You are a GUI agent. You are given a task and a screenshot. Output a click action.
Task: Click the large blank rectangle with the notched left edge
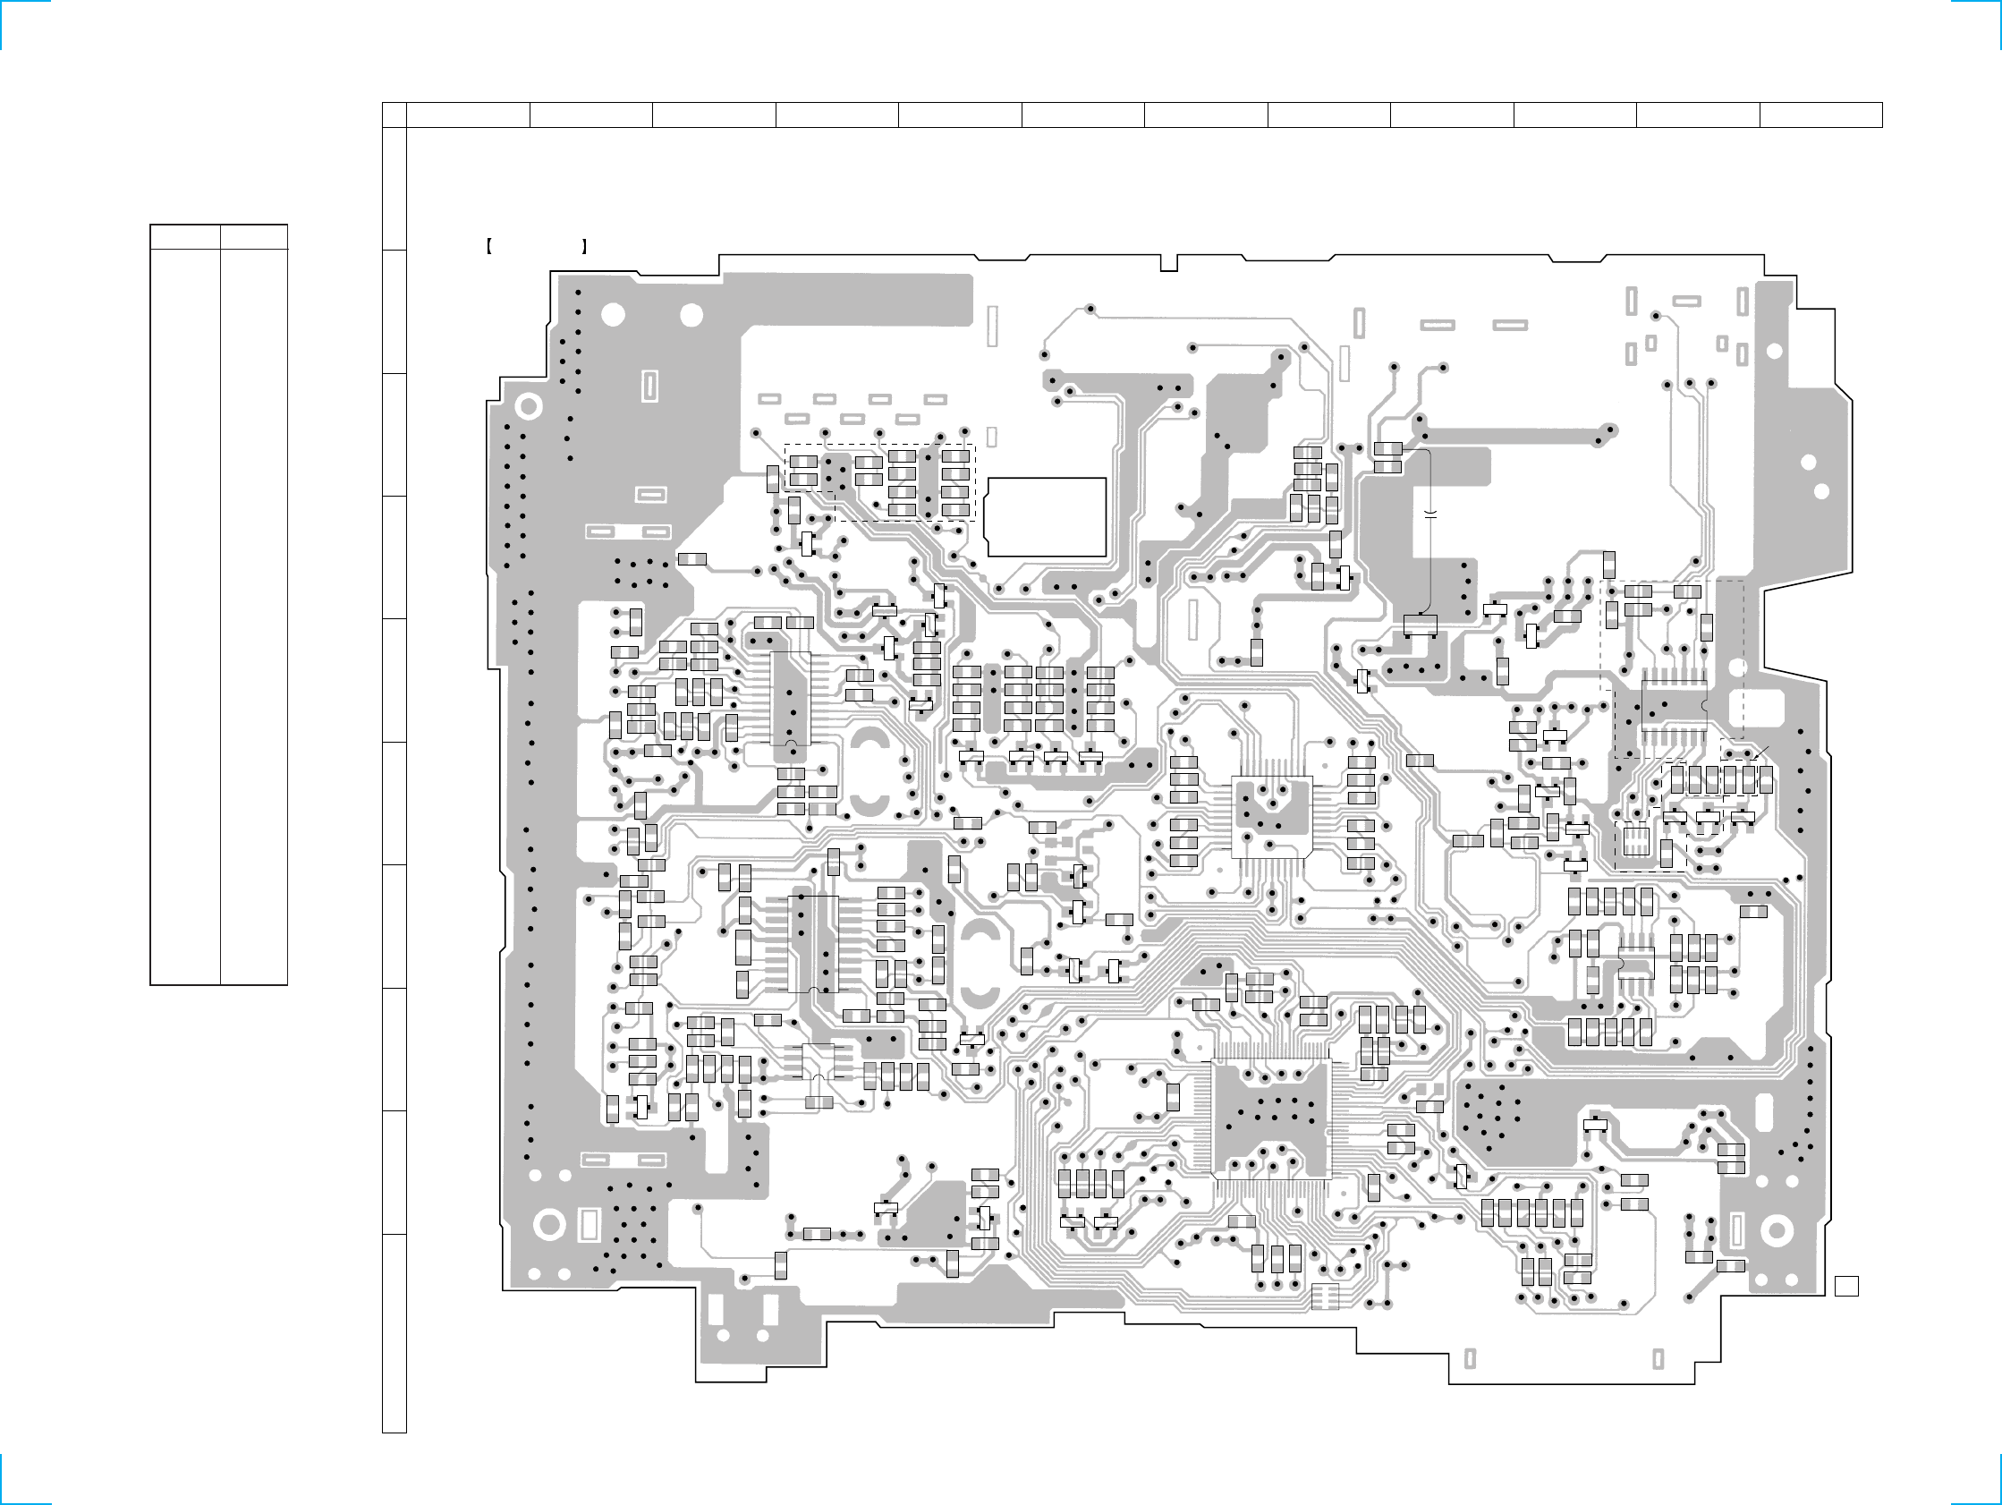(1048, 516)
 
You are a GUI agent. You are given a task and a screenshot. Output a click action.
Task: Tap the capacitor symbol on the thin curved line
(1430, 514)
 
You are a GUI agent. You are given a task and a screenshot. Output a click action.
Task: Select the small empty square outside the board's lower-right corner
(1846, 1286)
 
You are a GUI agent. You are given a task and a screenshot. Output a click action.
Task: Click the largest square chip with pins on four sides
(1271, 1119)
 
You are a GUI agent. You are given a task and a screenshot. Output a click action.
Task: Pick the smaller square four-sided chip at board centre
(1272, 817)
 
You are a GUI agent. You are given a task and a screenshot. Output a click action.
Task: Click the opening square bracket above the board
(488, 245)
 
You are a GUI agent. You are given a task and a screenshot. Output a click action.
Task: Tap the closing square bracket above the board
(586, 245)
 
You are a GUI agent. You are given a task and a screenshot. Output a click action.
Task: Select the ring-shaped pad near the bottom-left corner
(549, 1225)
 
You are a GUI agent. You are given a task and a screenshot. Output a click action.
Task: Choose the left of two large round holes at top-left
(613, 315)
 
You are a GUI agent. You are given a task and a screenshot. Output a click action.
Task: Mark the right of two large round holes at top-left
(691, 315)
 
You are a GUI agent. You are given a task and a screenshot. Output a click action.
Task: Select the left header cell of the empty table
(184, 237)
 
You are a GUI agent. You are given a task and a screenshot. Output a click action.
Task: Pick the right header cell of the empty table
(254, 237)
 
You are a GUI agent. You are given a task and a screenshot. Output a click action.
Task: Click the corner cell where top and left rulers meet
(394, 115)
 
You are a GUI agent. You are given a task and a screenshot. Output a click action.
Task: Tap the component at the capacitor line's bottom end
(1419, 625)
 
